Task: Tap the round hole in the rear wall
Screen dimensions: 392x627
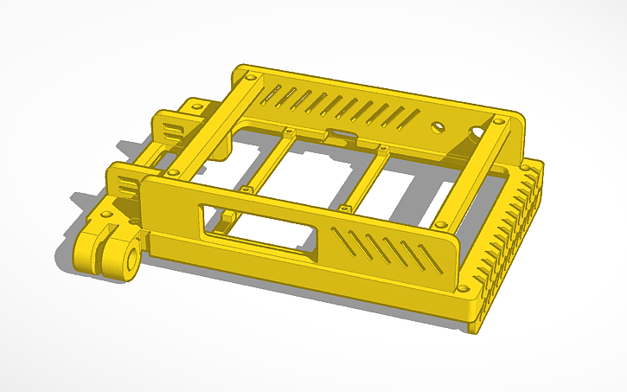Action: tap(439, 126)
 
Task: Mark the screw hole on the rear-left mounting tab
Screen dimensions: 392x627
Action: tap(196, 106)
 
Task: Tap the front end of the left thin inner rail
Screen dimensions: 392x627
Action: tap(246, 188)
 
